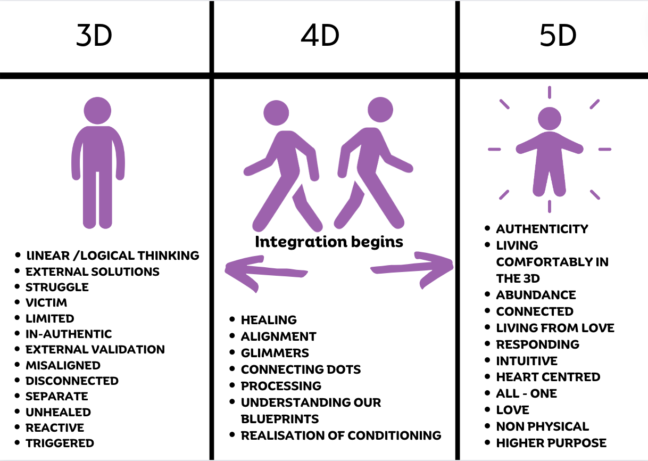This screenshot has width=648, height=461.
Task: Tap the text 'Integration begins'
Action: [329, 242]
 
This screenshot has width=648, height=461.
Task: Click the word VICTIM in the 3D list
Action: [46, 303]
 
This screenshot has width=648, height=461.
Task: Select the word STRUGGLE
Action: [57, 287]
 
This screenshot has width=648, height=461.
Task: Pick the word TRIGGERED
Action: [60, 443]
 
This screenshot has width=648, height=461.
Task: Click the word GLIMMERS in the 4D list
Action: [275, 353]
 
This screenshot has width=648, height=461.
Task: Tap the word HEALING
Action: [269, 320]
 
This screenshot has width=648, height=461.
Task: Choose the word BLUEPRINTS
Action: [280, 418]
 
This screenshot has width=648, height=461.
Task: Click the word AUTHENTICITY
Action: [542, 229]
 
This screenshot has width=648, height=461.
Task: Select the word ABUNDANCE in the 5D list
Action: [536, 295]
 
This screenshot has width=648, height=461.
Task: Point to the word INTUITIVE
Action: [527, 361]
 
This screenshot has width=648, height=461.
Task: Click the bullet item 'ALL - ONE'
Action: [526, 394]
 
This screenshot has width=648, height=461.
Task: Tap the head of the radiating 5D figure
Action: [550, 119]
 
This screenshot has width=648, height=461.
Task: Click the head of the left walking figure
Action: [276, 112]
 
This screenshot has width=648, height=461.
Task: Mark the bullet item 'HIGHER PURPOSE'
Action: [551, 443]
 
